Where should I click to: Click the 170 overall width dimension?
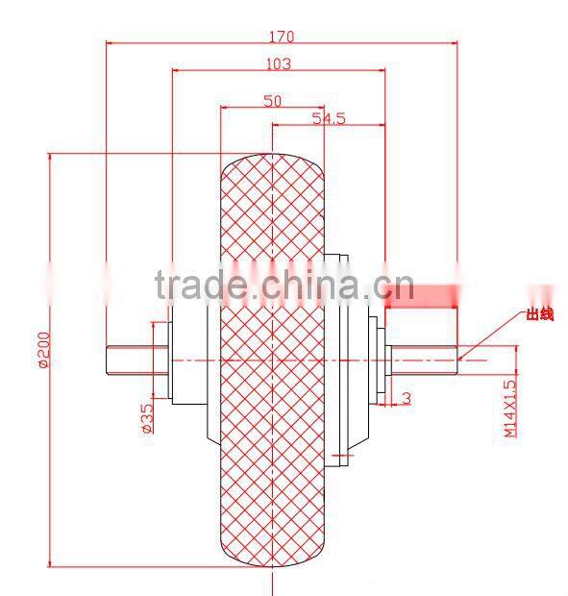(x=282, y=37)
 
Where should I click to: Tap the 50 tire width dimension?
(x=272, y=101)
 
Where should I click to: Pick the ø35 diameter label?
(x=147, y=416)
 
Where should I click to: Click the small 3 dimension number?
(x=407, y=396)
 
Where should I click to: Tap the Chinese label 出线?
(x=538, y=314)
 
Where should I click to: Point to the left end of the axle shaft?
(x=109, y=360)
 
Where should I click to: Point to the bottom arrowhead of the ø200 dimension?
(x=50, y=565)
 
